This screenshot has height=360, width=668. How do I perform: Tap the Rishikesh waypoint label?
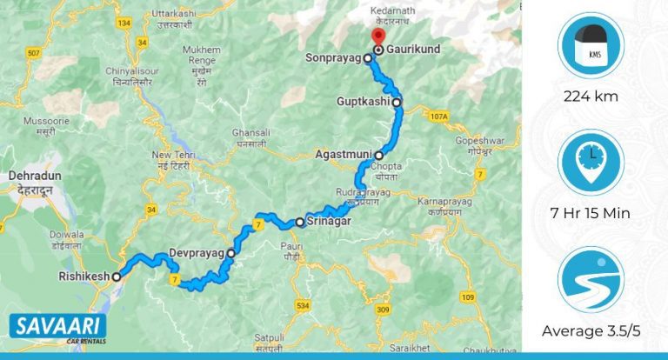coord(83,277)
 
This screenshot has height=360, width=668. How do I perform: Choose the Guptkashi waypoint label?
coord(363,103)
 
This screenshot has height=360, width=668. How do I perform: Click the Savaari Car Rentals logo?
coord(57,328)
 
